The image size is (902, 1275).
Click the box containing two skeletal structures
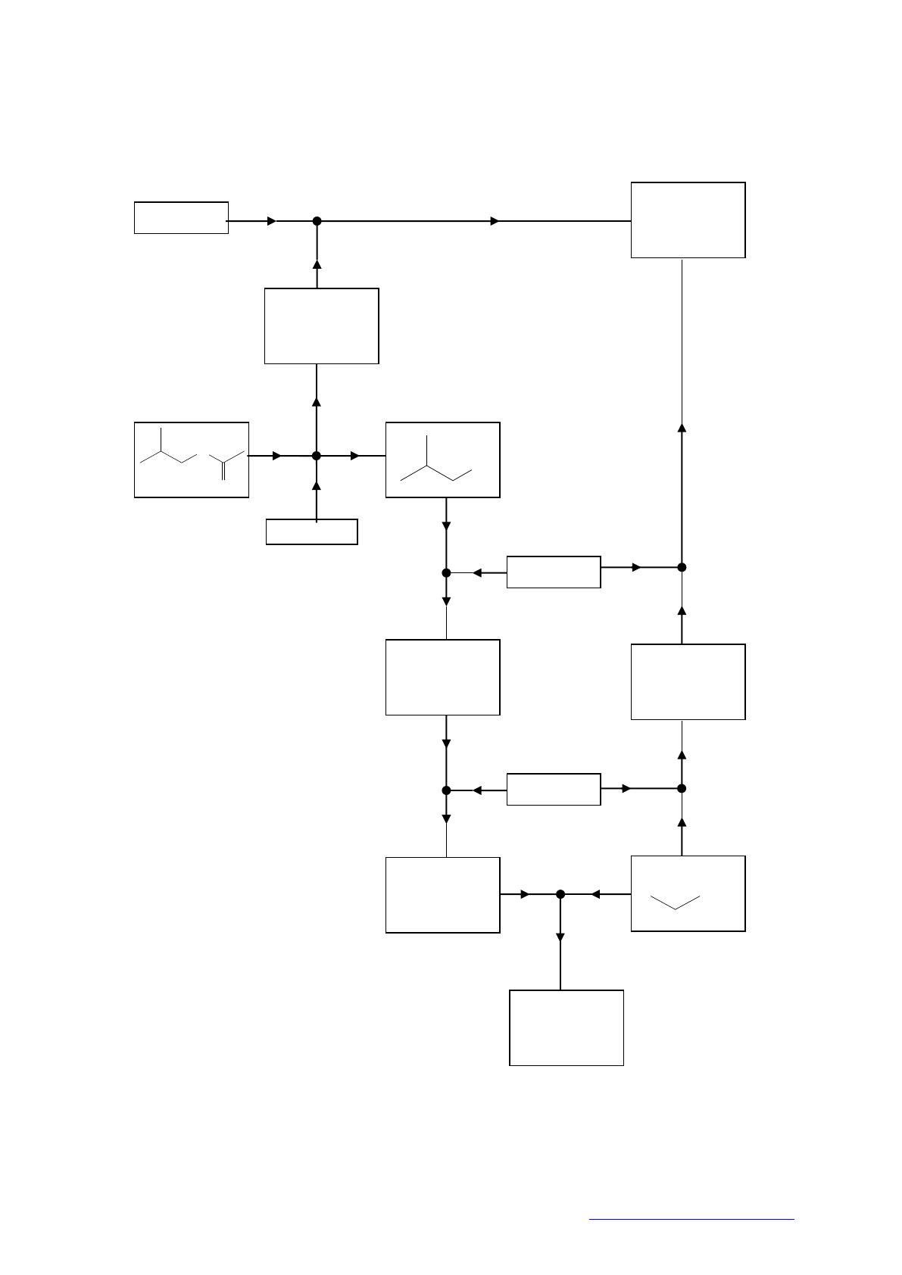click(x=191, y=460)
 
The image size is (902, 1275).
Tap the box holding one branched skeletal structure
click(x=442, y=460)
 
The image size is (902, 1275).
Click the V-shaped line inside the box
click(x=675, y=902)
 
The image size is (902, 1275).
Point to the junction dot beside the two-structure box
click(x=317, y=456)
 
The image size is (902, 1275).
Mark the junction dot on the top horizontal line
click(x=317, y=221)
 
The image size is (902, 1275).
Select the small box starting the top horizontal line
click(x=181, y=218)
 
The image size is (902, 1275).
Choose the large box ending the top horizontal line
click(x=688, y=220)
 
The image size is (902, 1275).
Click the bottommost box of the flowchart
click(x=566, y=1027)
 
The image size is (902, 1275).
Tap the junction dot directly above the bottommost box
click(x=560, y=894)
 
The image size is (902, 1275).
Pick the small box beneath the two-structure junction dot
click(x=311, y=532)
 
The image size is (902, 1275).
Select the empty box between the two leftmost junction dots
click(x=321, y=326)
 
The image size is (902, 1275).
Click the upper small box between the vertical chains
click(x=554, y=572)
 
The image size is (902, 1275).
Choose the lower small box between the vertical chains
click(x=554, y=789)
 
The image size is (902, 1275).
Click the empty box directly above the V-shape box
click(x=688, y=681)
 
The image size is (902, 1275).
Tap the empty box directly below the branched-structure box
click(x=442, y=677)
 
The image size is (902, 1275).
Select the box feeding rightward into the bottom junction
click(x=442, y=895)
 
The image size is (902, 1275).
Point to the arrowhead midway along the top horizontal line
click(x=495, y=221)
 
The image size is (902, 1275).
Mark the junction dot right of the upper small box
click(x=682, y=567)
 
